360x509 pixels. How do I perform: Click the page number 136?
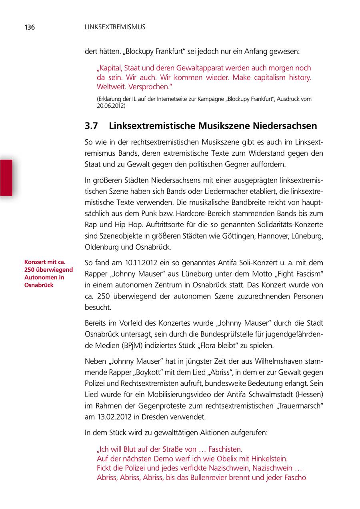click(x=30, y=28)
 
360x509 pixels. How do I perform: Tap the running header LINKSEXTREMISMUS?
click(x=115, y=28)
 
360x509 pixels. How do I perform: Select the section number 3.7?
click(x=92, y=126)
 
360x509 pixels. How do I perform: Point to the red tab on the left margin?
click(x=6, y=177)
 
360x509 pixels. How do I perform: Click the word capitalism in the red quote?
click(x=258, y=78)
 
